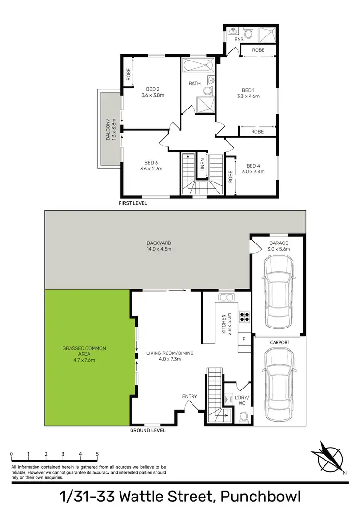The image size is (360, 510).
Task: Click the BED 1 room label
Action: [x=248, y=90]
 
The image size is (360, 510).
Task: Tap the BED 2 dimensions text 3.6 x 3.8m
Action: [x=153, y=95]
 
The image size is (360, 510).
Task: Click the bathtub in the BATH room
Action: [x=198, y=65]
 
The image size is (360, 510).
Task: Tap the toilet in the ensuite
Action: [x=248, y=34]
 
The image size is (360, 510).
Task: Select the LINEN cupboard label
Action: [x=203, y=164]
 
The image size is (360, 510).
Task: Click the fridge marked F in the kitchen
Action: [x=244, y=339]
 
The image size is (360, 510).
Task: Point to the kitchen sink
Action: [x=226, y=297]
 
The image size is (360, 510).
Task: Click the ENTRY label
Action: [x=190, y=396]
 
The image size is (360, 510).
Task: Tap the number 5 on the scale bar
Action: [x=97, y=453]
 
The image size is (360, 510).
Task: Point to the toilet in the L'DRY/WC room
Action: [x=243, y=416]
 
